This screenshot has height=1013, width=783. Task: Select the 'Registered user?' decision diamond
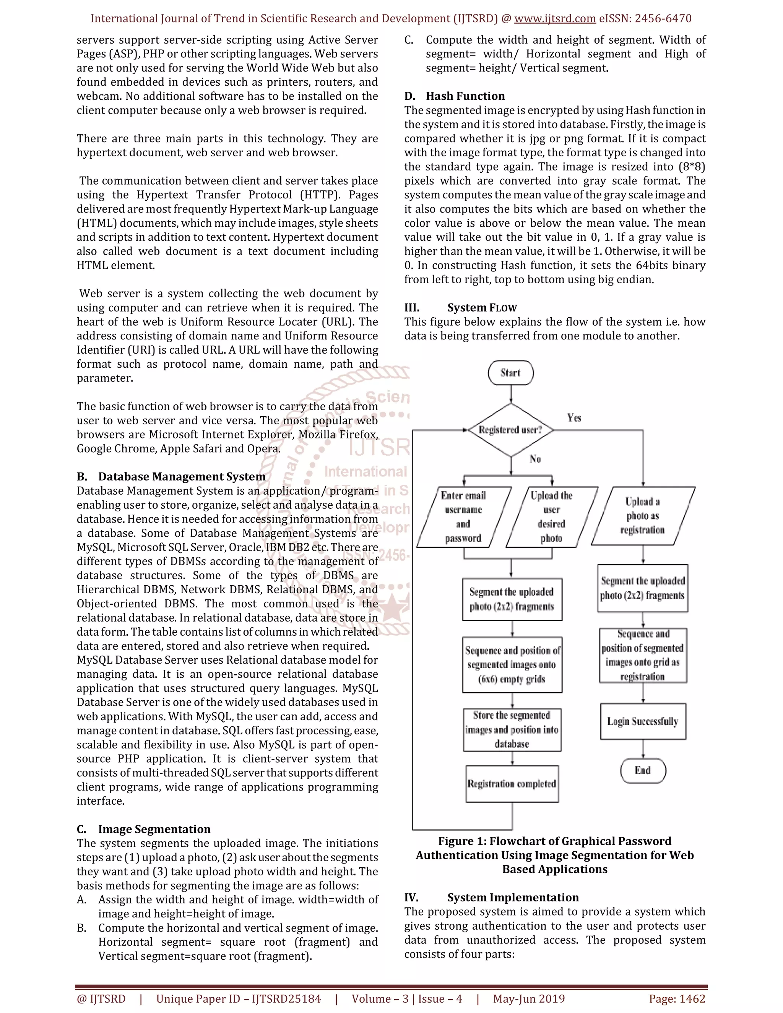(x=511, y=430)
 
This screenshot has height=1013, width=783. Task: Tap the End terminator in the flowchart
(x=642, y=770)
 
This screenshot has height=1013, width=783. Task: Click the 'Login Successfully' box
(x=642, y=721)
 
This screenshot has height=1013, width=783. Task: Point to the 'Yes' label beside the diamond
(x=574, y=418)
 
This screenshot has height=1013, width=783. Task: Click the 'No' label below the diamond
(x=535, y=459)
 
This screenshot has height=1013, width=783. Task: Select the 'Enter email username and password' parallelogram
(x=463, y=517)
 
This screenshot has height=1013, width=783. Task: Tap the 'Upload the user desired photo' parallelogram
(x=552, y=517)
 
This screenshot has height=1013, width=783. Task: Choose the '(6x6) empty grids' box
(x=512, y=665)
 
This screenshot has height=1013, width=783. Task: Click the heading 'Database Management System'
(x=181, y=477)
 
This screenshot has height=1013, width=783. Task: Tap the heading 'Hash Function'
(x=465, y=96)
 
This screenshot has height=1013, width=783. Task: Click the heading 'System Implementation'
(x=513, y=898)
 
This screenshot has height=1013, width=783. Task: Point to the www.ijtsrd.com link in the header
(x=555, y=19)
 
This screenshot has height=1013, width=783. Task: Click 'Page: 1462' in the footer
(x=677, y=998)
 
